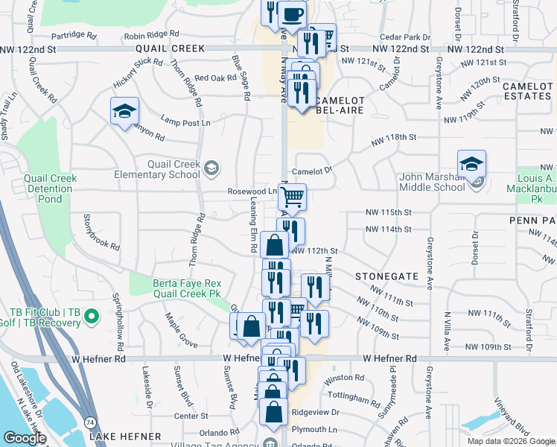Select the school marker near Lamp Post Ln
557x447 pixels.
(x=124, y=112)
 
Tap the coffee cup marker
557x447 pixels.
(x=292, y=13)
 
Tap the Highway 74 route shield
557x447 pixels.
(x=90, y=422)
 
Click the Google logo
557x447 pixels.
(x=25, y=438)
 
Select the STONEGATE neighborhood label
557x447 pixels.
(x=386, y=276)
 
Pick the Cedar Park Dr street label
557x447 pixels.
(x=404, y=37)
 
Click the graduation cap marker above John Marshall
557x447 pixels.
(x=471, y=163)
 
